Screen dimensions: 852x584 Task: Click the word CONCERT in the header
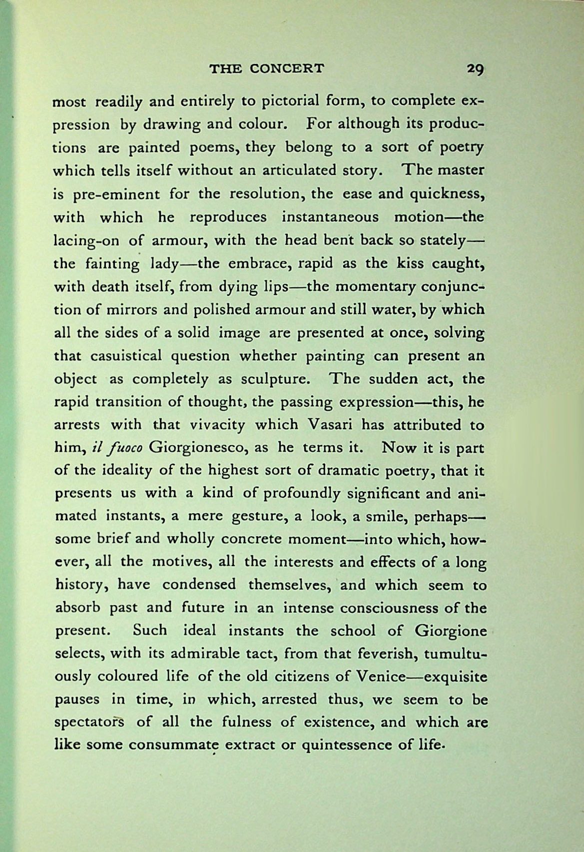click(x=287, y=68)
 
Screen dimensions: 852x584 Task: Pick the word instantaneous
click(x=330, y=217)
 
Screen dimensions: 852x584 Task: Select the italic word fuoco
click(x=124, y=448)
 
